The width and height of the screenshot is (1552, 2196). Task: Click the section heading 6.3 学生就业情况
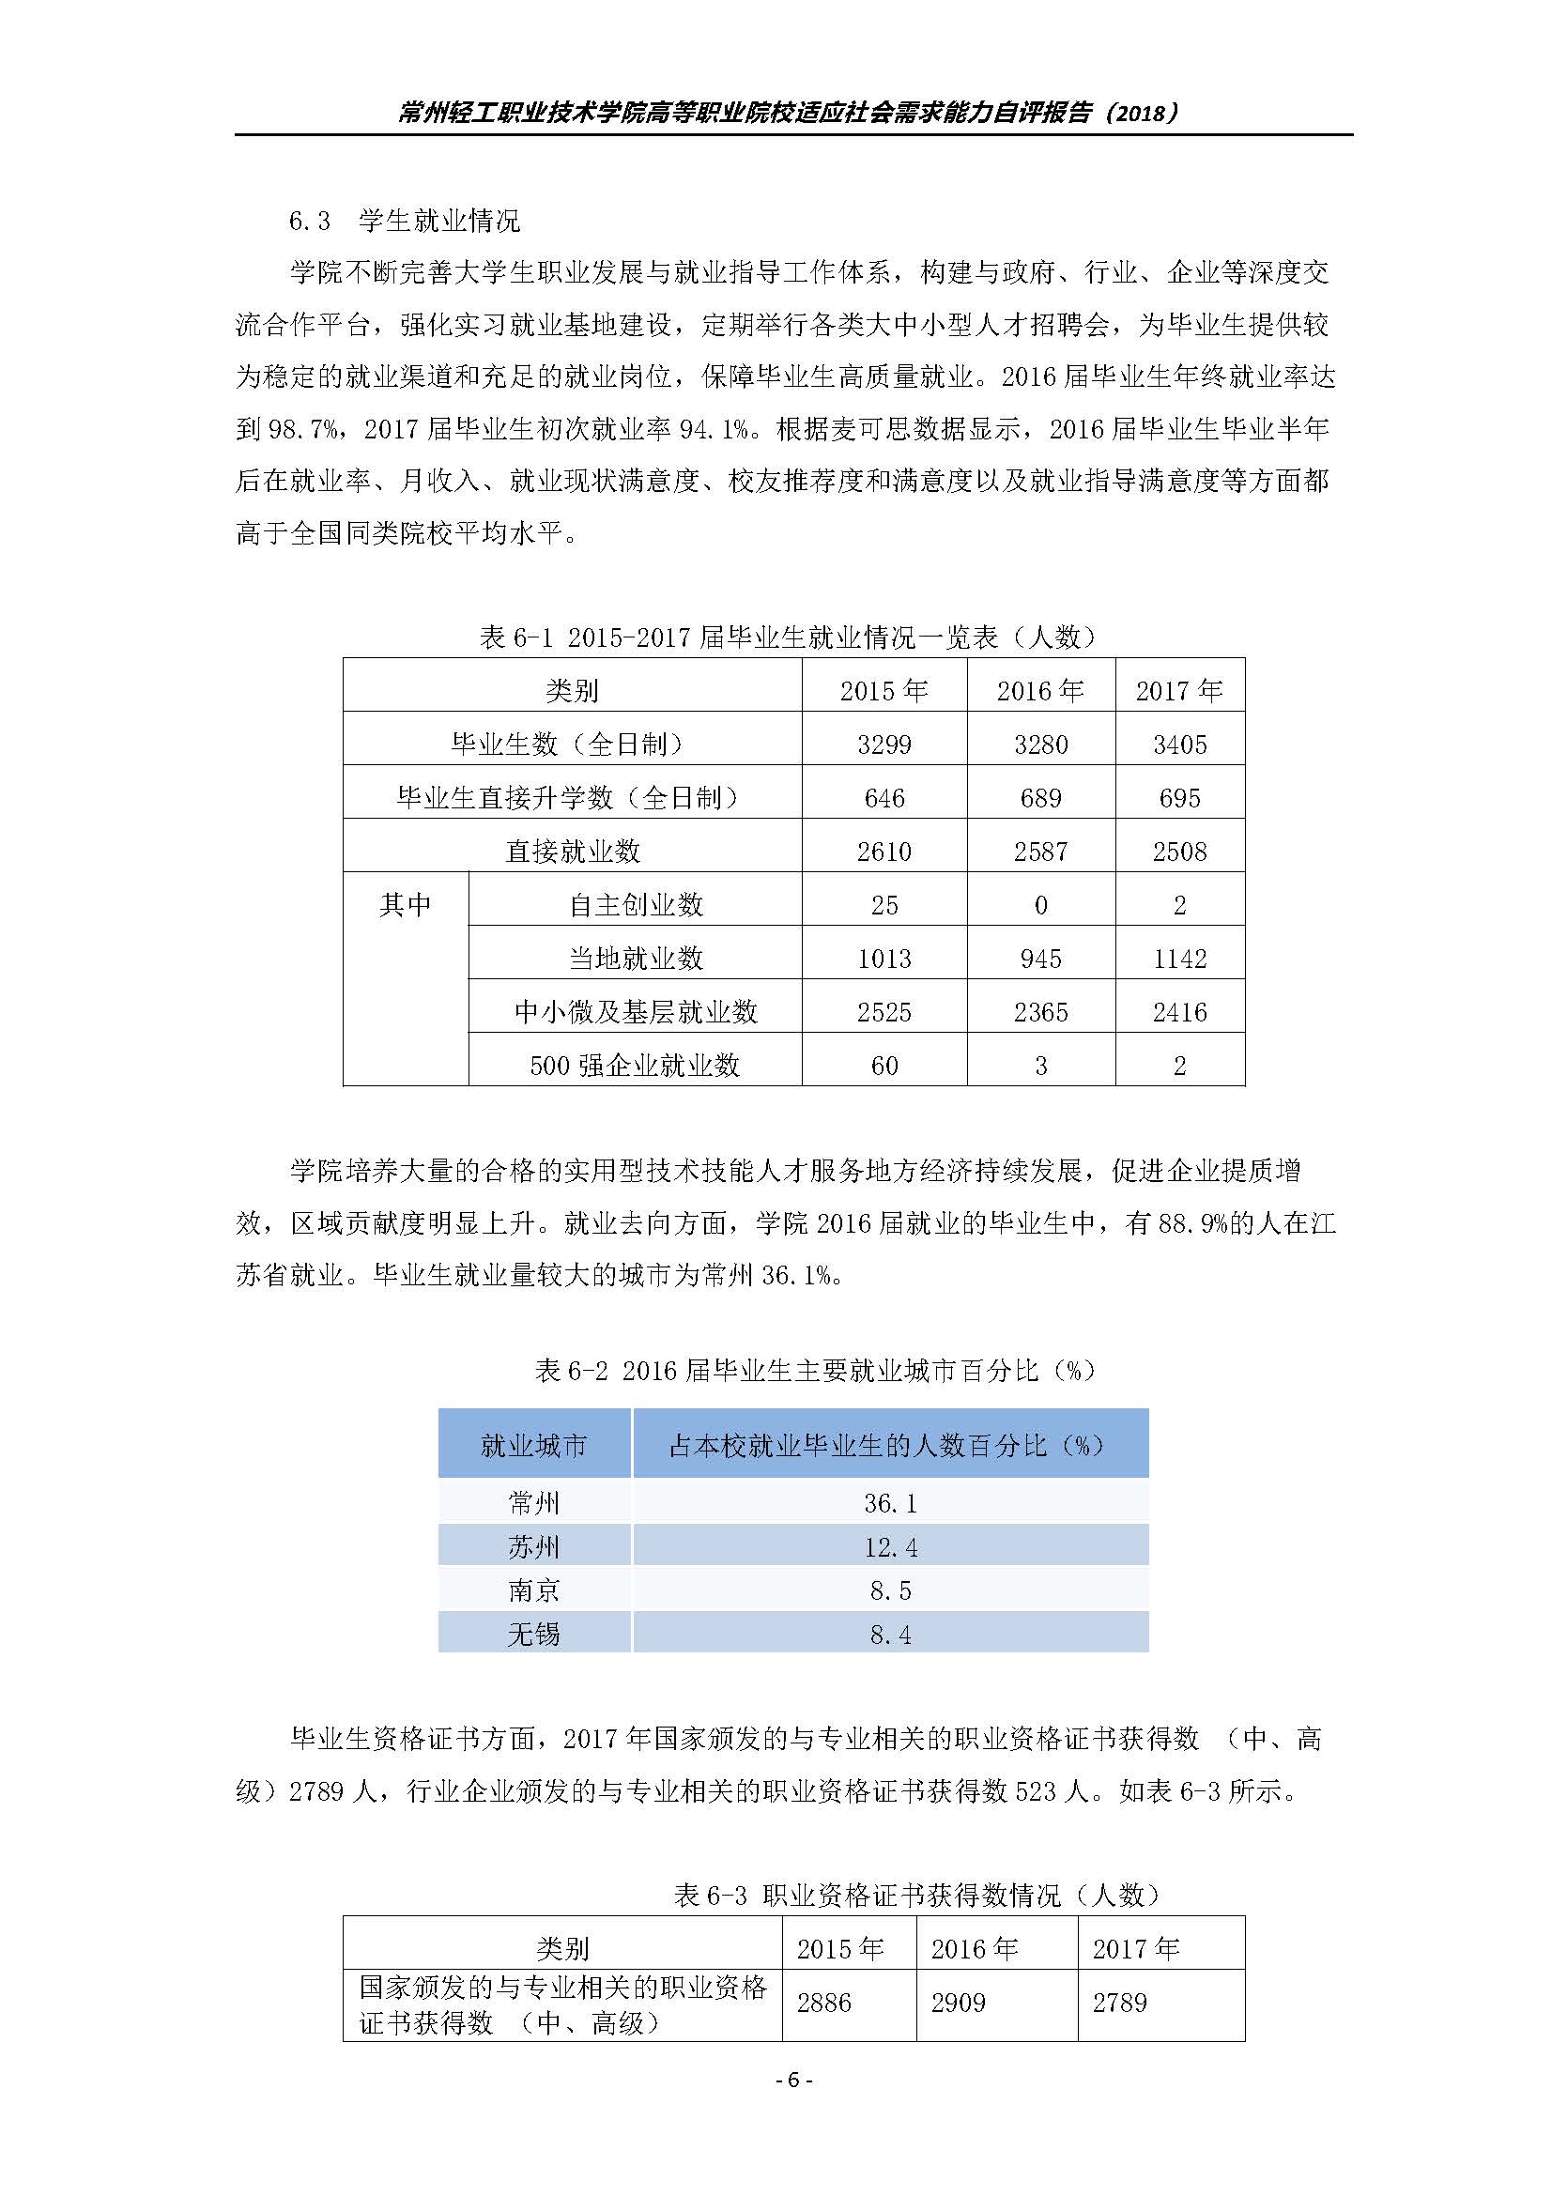[x=405, y=222]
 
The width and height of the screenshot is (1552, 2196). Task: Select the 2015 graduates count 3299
[x=884, y=745]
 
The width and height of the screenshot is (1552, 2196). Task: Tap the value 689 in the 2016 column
[x=1040, y=799]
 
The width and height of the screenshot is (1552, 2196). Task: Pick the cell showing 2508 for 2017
[x=1179, y=852]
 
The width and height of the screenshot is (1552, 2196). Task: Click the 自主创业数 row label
[x=636, y=905]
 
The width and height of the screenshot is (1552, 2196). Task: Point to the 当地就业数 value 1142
[x=1179, y=960]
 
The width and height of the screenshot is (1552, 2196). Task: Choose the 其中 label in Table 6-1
[x=406, y=905]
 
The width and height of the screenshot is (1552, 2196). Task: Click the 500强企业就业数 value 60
[x=884, y=1066]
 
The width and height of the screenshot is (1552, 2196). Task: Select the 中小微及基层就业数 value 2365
[x=1040, y=1012]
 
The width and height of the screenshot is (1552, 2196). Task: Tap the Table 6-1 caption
[x=788, y=637]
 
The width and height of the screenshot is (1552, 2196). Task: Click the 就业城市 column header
[x=533, y=1445]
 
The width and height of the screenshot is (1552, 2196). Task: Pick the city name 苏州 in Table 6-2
[x=533, y=1546]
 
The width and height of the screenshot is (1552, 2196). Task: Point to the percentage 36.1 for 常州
[x=890, y=1503]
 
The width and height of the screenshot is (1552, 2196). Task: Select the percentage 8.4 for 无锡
[x=890, y=1635]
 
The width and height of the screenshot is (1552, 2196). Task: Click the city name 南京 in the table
[x=533, y=1590]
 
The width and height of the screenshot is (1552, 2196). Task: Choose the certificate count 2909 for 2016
[x=959, y=2003]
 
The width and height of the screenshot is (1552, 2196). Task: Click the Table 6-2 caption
[x=815, y=1371]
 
